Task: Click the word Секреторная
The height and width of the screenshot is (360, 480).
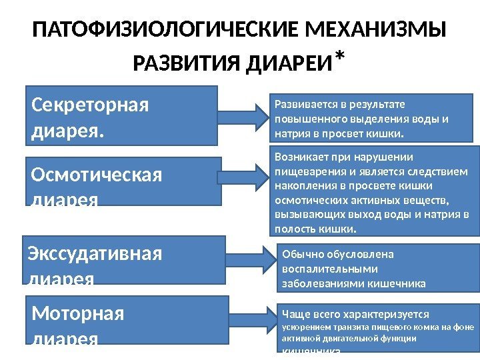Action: [x=91, y=105]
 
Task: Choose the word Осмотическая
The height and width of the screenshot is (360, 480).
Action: [x=97, y=175]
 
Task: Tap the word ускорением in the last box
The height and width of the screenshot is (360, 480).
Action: [x=307, y=327]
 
